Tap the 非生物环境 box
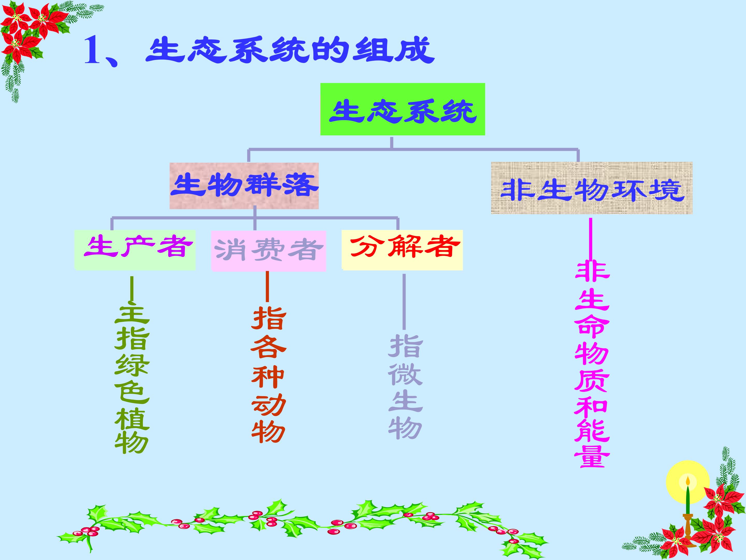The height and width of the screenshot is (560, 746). coord(592,188)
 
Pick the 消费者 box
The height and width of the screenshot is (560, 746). coord(268,251)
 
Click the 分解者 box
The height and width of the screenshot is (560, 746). coord(402,250)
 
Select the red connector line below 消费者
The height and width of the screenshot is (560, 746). coord(267,286)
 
